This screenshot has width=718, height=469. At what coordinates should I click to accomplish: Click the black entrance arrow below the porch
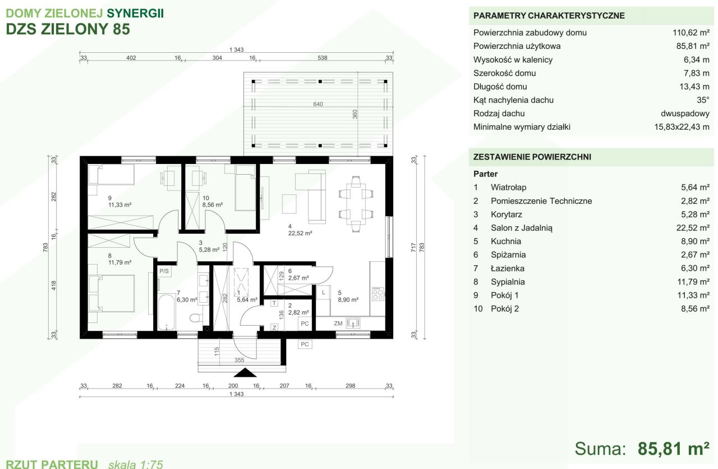245,373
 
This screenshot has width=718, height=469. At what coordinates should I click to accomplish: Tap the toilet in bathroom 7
196,318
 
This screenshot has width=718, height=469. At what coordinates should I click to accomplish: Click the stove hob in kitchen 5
378,294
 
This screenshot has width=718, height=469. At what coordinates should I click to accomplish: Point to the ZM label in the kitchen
338,324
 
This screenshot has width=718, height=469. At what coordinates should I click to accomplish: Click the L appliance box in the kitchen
324,293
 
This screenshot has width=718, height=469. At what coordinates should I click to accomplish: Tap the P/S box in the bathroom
164,271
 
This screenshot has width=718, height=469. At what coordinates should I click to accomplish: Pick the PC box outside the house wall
305,344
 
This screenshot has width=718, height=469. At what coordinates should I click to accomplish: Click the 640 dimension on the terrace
318,104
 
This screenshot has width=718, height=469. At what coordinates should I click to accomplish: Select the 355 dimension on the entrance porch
240,360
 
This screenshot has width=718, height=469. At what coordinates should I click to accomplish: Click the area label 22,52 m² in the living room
300,233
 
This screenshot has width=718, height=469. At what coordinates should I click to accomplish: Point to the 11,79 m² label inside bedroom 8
119,263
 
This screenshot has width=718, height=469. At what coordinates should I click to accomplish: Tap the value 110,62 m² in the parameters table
691,33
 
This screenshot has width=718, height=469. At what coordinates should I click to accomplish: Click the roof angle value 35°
703,100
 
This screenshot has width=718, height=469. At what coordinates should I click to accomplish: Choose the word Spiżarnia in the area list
508,255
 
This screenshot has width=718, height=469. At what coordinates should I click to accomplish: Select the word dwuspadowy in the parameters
685,113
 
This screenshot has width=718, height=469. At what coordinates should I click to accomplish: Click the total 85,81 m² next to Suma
673,449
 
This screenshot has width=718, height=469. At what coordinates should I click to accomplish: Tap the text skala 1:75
136,464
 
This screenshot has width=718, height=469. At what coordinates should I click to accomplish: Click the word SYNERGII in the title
135,13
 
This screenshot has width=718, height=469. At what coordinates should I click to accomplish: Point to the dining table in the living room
356,203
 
